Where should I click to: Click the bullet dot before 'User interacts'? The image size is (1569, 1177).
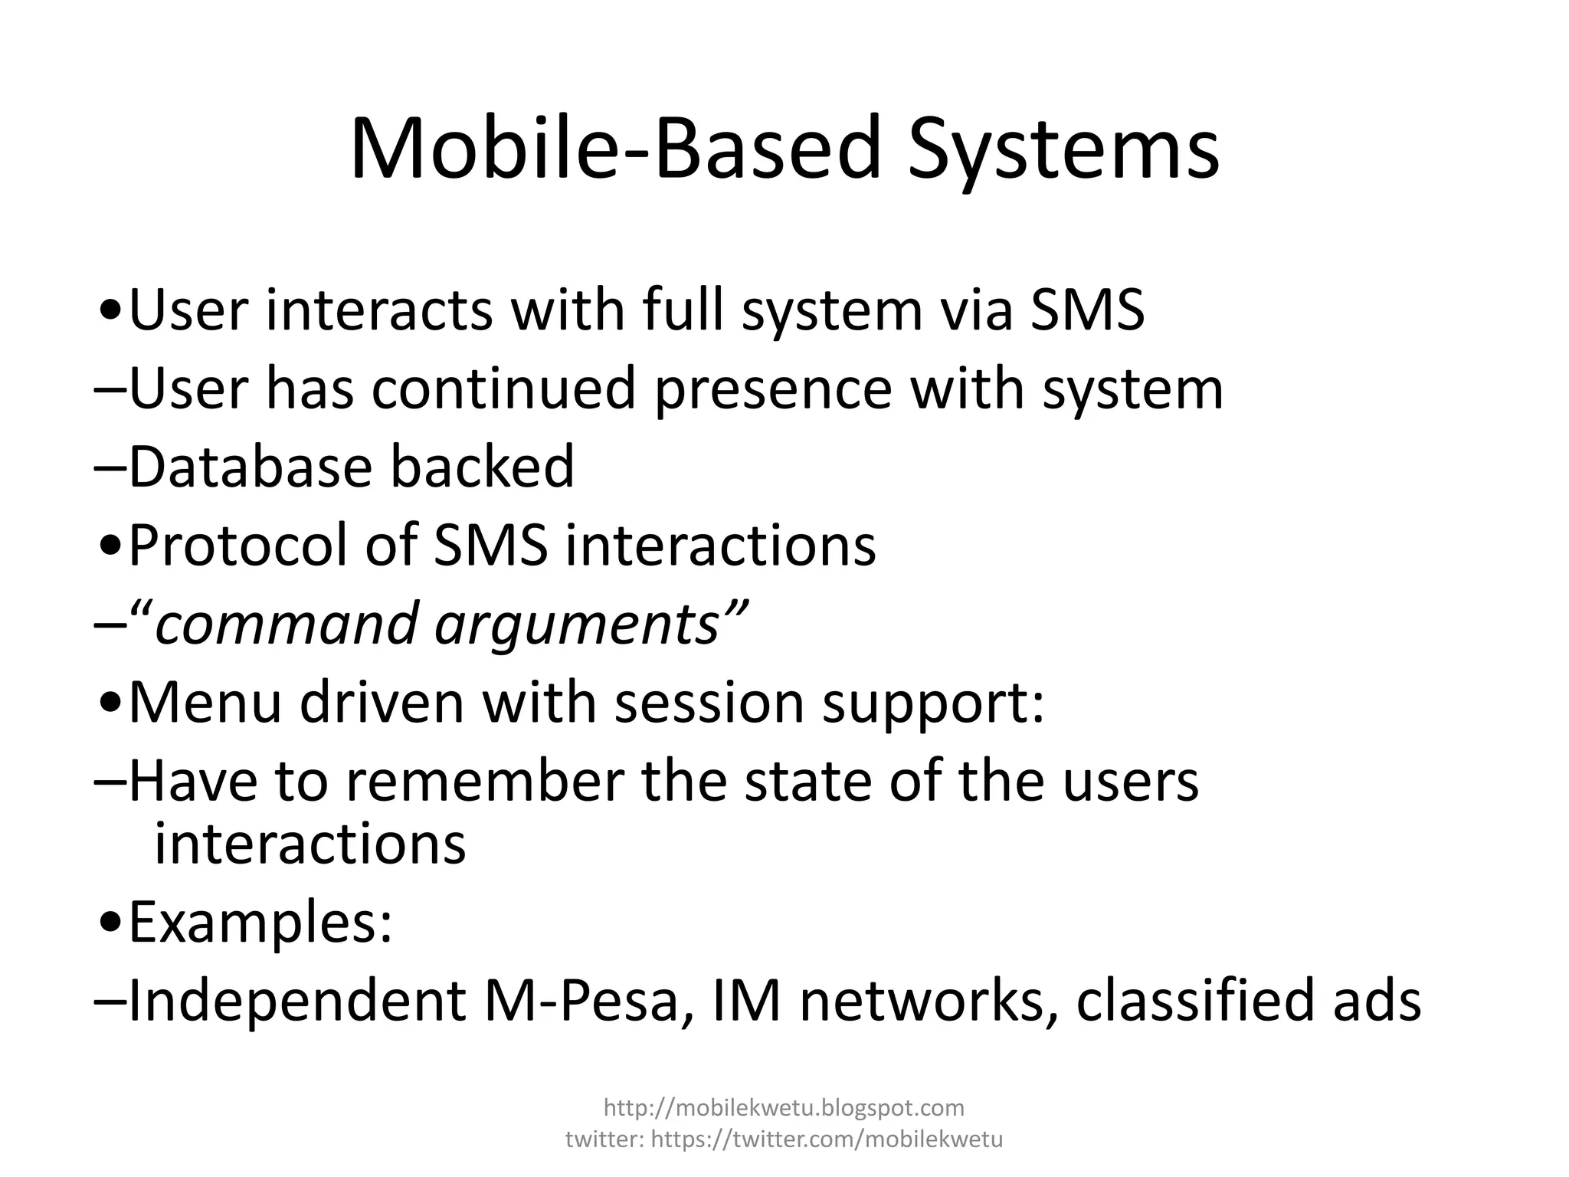(111, 313)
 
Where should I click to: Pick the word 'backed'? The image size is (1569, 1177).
(482, 467)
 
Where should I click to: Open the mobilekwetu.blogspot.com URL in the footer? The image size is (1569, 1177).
(784, 1107)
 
